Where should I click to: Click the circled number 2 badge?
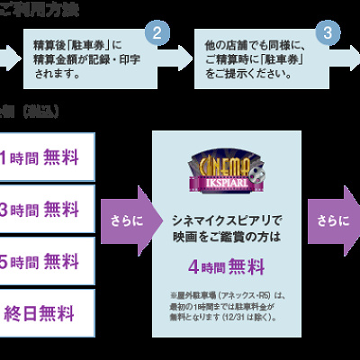pos(159,33)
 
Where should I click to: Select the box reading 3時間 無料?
pos(46,211)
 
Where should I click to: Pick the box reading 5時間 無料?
pos(46,262)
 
